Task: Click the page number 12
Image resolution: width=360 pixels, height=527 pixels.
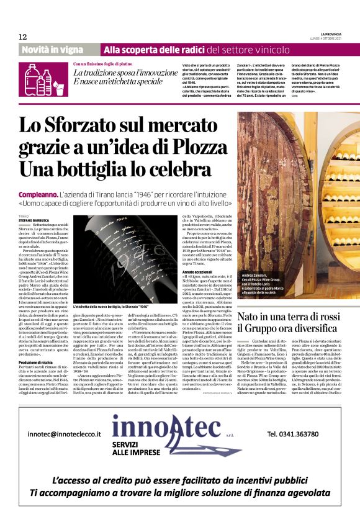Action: coord(23,37)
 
